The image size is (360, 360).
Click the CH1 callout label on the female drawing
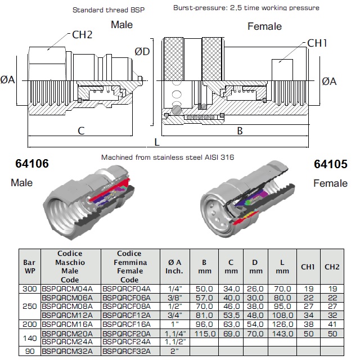coord(318,43)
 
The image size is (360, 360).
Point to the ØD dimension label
coord(142,52)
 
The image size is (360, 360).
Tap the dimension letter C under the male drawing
coord(81,131)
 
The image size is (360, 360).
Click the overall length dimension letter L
coord(157,143)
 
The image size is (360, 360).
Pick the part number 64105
coord(331,164)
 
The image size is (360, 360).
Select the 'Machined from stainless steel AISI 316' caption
coord(168,157)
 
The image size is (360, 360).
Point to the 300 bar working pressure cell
coord(29,289)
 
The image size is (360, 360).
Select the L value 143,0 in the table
coord(282,333)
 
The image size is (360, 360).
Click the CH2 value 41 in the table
coord(332,324)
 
